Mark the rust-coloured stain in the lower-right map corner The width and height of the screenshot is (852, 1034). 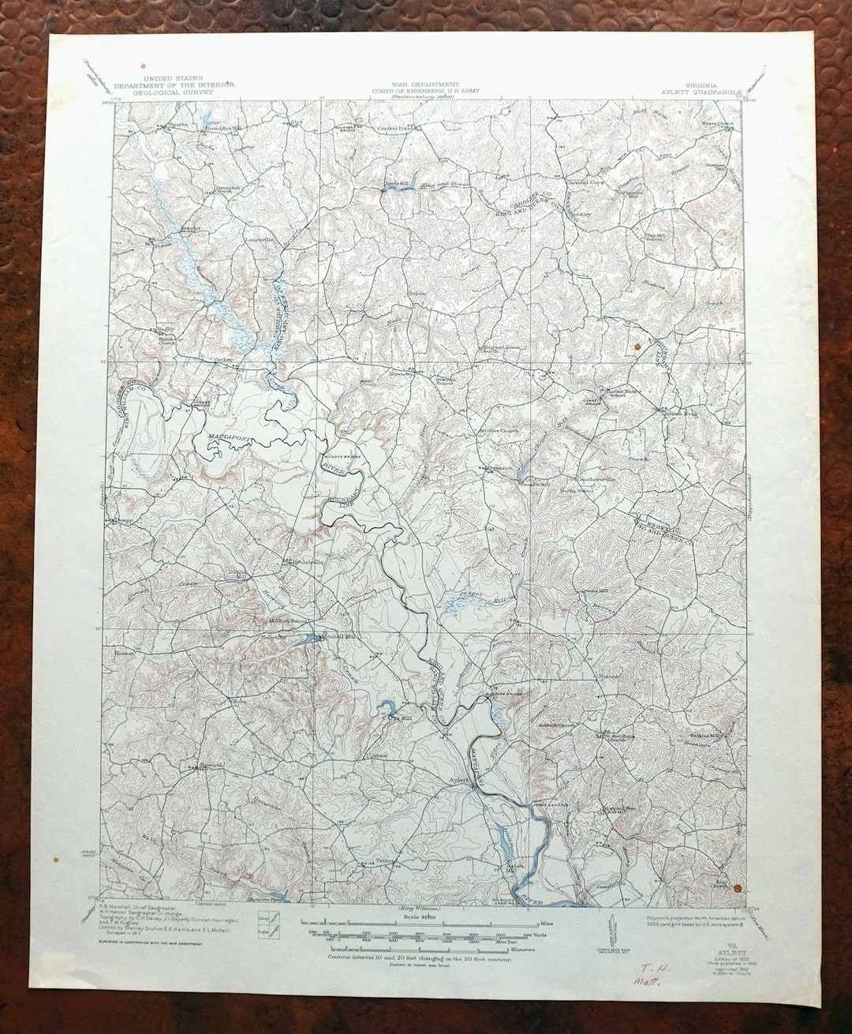tap(738, 886)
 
